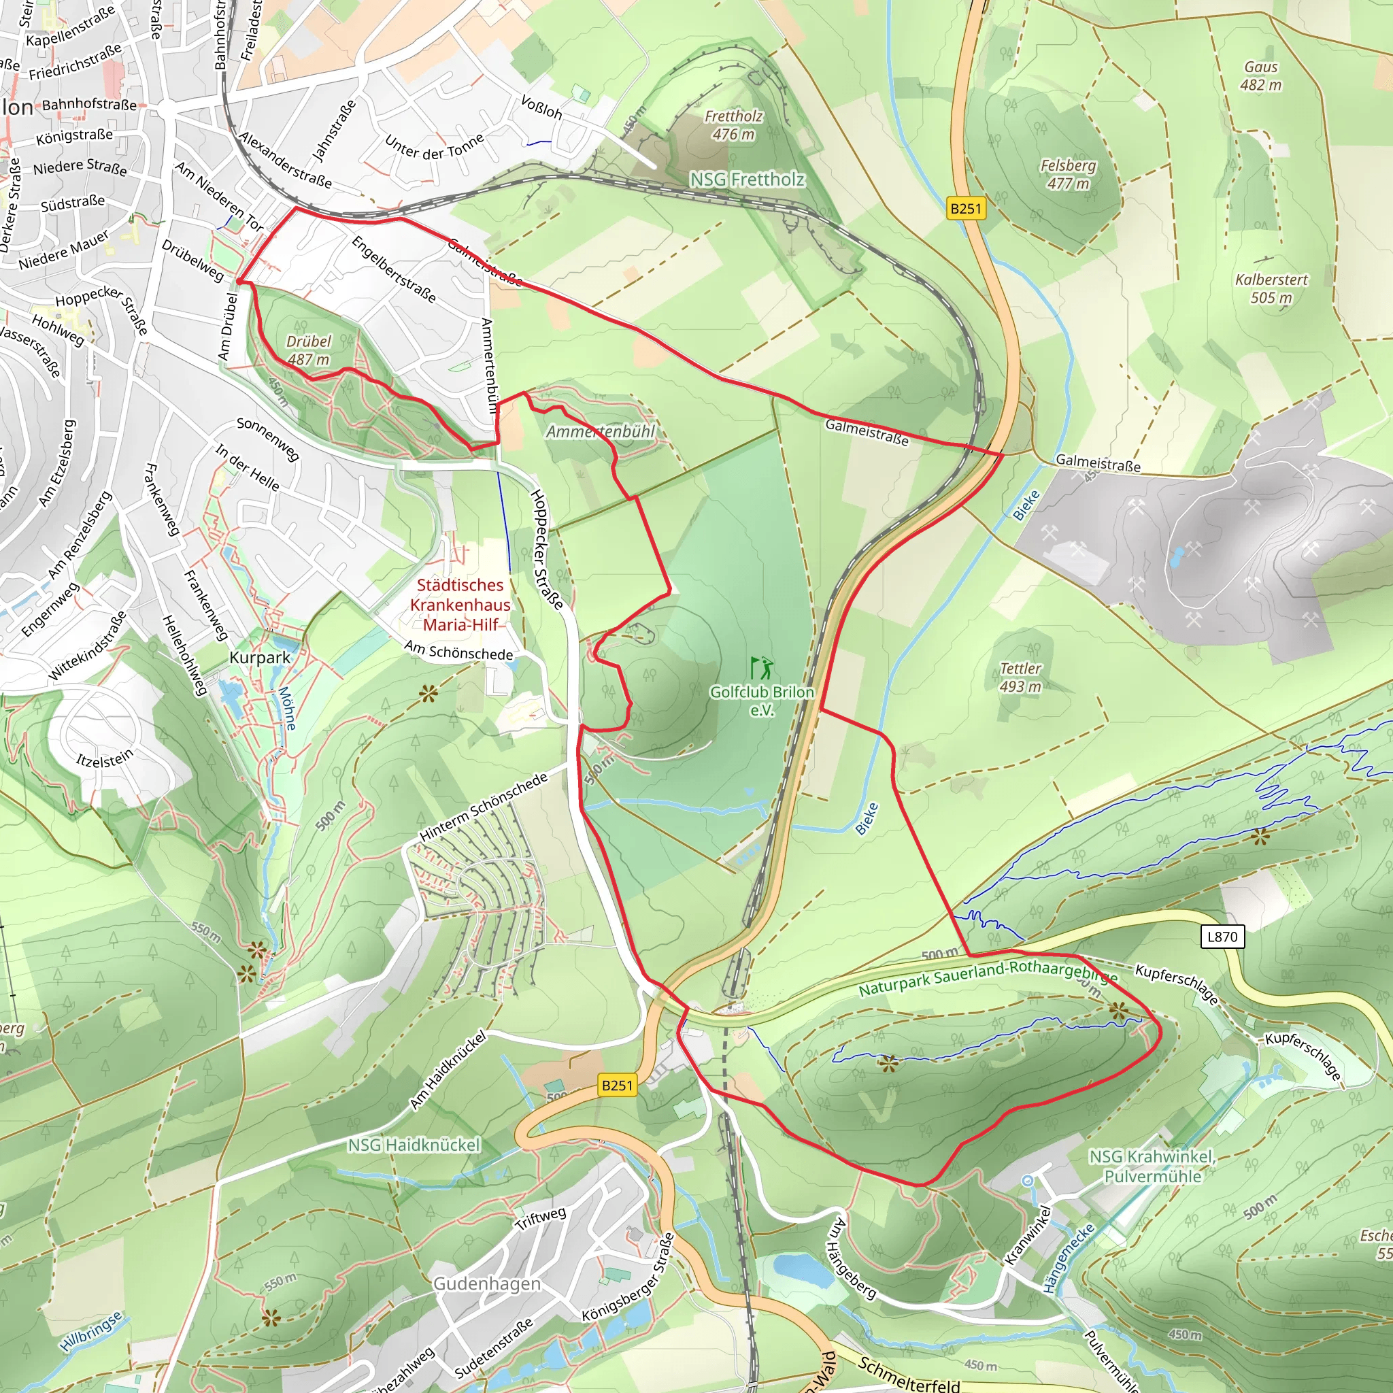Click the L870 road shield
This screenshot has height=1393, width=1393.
click(x=1222, y=937)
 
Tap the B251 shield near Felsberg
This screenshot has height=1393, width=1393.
click(x=965, y=208)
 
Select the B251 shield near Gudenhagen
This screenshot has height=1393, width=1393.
click(x=617, y=1085)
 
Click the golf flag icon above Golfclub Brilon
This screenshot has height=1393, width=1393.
click(x=760, y=667)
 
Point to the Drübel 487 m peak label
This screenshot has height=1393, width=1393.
click(x=309, y=350)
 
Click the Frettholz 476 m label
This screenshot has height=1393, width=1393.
click(x=733, y=124)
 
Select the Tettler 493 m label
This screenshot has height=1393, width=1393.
click(x=1020, y=677)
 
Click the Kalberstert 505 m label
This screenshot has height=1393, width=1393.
click(x=1271, y=288)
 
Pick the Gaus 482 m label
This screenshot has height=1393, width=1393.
click(x=1261, y=75)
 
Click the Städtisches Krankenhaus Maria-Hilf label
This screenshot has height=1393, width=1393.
click(x=460, y=605)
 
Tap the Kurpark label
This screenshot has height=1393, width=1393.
click(x=260, y=658)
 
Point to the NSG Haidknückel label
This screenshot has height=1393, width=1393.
click(x=414, y=1145)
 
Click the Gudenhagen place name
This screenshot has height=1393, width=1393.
click(x=487, y=1283)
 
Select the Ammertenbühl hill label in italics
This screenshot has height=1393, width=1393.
click(x=601, y=431)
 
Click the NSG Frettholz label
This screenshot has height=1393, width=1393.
click(x=747, y=179)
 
